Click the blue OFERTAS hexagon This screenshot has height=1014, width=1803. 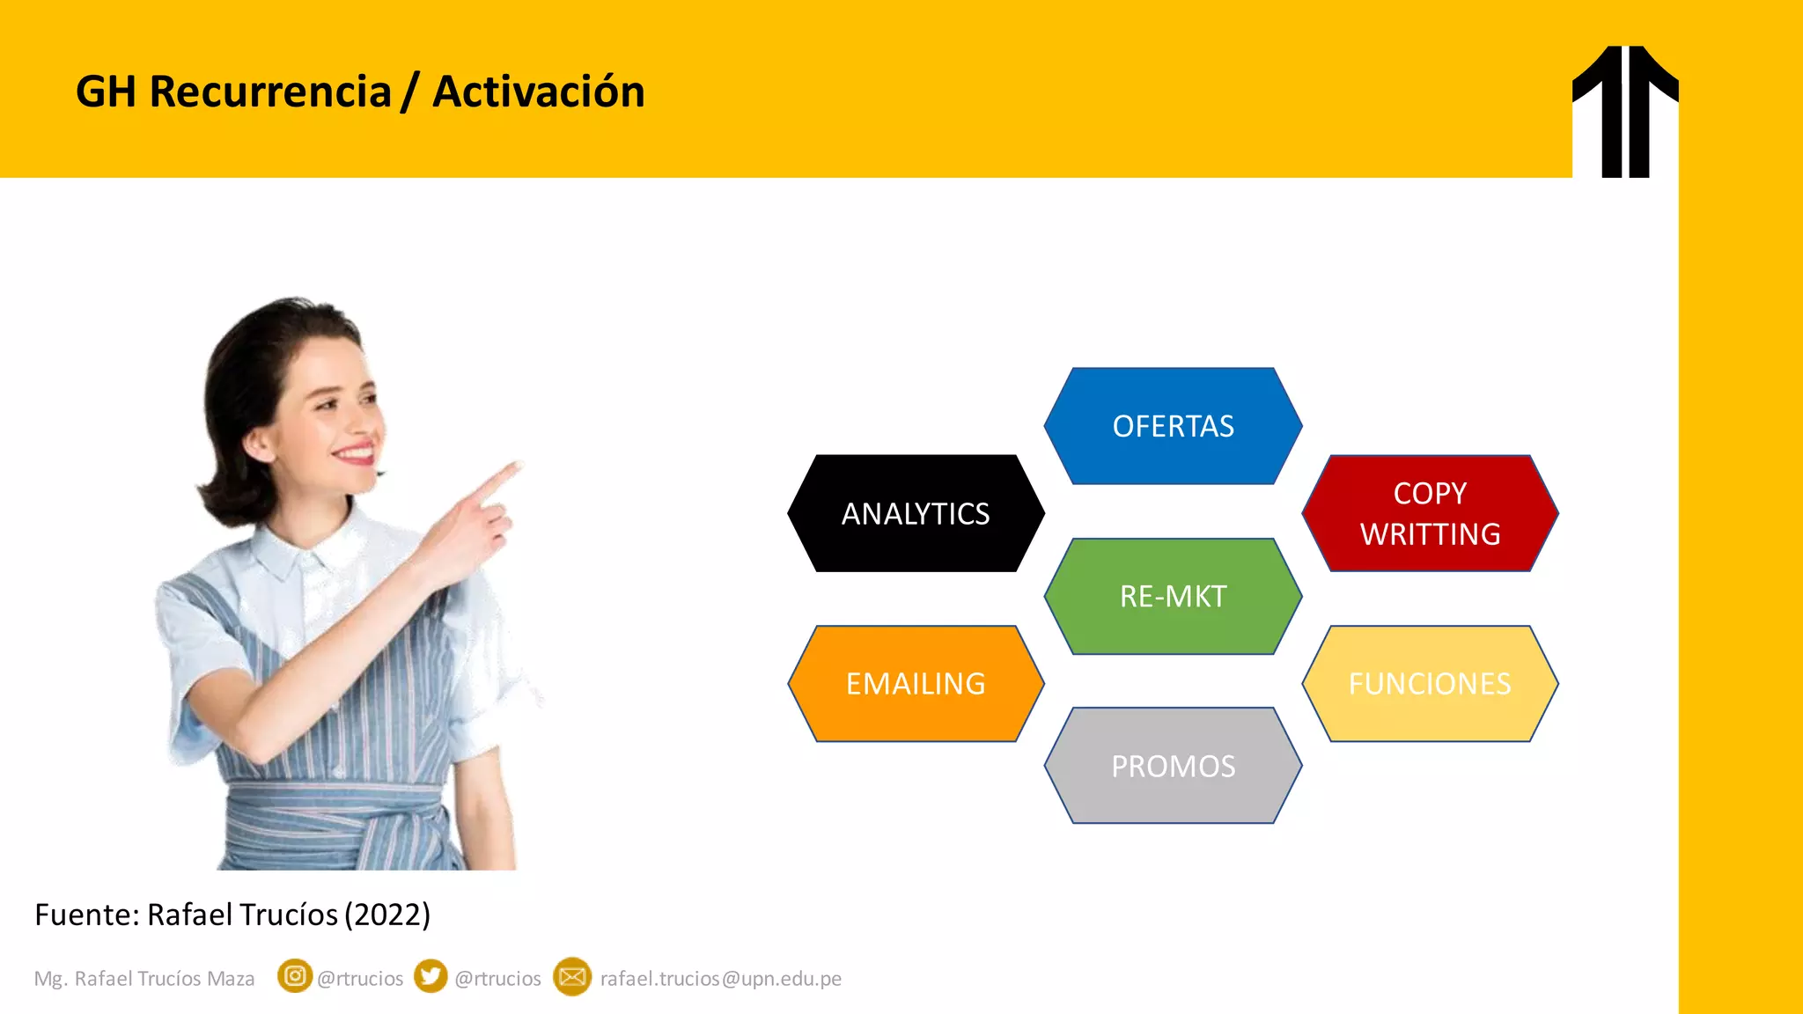(1173, 426)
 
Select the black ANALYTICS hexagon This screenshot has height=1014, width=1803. (916, 513)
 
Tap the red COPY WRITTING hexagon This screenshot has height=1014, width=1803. (1430, 513)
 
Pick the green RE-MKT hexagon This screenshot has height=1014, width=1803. (1173, 596)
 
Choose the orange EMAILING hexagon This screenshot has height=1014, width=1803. (916, 683)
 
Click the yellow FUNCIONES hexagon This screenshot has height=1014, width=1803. (1430, 683)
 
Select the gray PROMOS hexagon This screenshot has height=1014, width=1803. (1173, 766)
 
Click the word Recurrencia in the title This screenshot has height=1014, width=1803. (269, 92)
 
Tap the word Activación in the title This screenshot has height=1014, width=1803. (538, 92)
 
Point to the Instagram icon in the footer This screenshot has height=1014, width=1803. (295, 976)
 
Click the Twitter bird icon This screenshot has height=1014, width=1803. (431, 976)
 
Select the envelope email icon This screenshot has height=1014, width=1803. (572, 977)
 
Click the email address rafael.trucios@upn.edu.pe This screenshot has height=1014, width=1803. (720, 979)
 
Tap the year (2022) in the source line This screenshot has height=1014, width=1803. (386, 915)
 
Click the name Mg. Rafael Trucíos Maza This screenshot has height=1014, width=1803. (144, 979)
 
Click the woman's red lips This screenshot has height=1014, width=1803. (356, 454)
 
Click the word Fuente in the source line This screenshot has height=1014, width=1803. (83, 915)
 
